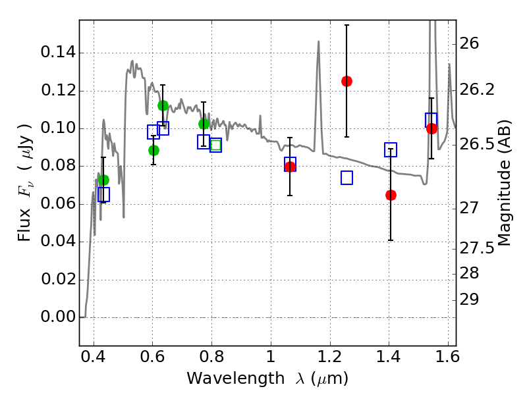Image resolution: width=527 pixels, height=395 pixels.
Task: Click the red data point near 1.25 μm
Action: click(x=347, y=81)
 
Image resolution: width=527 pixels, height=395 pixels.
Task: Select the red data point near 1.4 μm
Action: click(x=391, y=195)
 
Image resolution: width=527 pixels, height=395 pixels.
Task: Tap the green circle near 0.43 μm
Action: click(x=103, y=180)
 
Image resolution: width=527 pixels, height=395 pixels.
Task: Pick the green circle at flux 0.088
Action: click(x=153, y=150)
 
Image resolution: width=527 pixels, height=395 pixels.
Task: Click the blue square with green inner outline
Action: click(x=215, y=145)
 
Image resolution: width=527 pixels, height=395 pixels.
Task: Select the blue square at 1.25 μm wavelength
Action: click(x=347, y=178)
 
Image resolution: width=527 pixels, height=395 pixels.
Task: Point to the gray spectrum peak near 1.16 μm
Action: click(x=318, y=41)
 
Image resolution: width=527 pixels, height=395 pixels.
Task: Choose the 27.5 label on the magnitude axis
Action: click(x=477, y=249)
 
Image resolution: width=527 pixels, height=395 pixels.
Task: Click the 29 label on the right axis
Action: click(x=469, y=300)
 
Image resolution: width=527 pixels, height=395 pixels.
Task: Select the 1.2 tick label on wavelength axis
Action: click(x=330, y=357)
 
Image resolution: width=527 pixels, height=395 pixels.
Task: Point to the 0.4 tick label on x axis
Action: click(x=93, y=357)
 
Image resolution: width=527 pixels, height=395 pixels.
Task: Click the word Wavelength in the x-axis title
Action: click(x=235, y=378)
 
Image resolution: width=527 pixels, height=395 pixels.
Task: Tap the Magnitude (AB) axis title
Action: click(x=503, y=183)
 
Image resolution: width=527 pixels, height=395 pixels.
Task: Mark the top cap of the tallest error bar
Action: click(x=347, y=25)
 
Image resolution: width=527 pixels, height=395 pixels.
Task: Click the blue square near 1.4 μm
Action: click(x=391, y=149)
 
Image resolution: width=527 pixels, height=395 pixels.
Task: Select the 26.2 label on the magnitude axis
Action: click(x=477, y=90)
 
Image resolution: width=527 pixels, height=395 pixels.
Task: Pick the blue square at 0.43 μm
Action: click(x=103, y=194)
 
